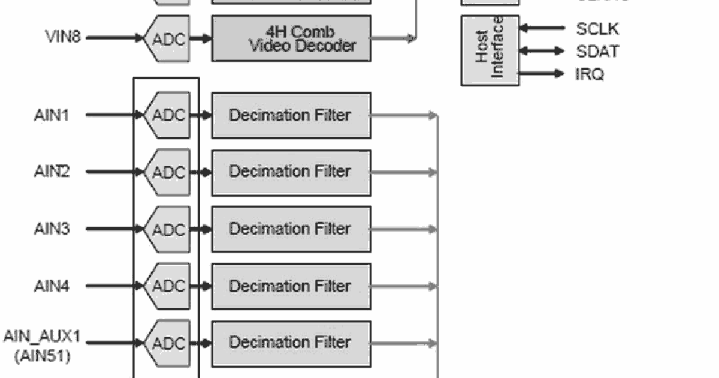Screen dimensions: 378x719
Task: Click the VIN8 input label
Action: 64,37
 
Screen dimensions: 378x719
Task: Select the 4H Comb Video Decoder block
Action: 291,38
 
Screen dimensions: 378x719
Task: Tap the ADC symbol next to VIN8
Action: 168,38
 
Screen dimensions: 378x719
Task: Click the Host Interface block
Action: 490,50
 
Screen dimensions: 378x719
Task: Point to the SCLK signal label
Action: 597,29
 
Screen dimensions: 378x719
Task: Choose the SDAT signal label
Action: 597,52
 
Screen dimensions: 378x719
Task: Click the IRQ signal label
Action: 590,74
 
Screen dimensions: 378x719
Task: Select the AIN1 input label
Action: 51,115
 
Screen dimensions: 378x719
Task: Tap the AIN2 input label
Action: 52,172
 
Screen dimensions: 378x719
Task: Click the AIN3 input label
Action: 52,229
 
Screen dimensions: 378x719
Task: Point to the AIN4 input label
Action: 52,286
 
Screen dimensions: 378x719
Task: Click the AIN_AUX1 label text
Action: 42,336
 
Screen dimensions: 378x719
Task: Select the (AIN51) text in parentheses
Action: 42,356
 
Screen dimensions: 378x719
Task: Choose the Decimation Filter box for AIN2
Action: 291,172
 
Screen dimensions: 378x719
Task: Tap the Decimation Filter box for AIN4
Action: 291,286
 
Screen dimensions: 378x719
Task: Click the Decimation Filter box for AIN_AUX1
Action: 291,343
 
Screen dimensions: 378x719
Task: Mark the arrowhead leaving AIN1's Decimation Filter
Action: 433,115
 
